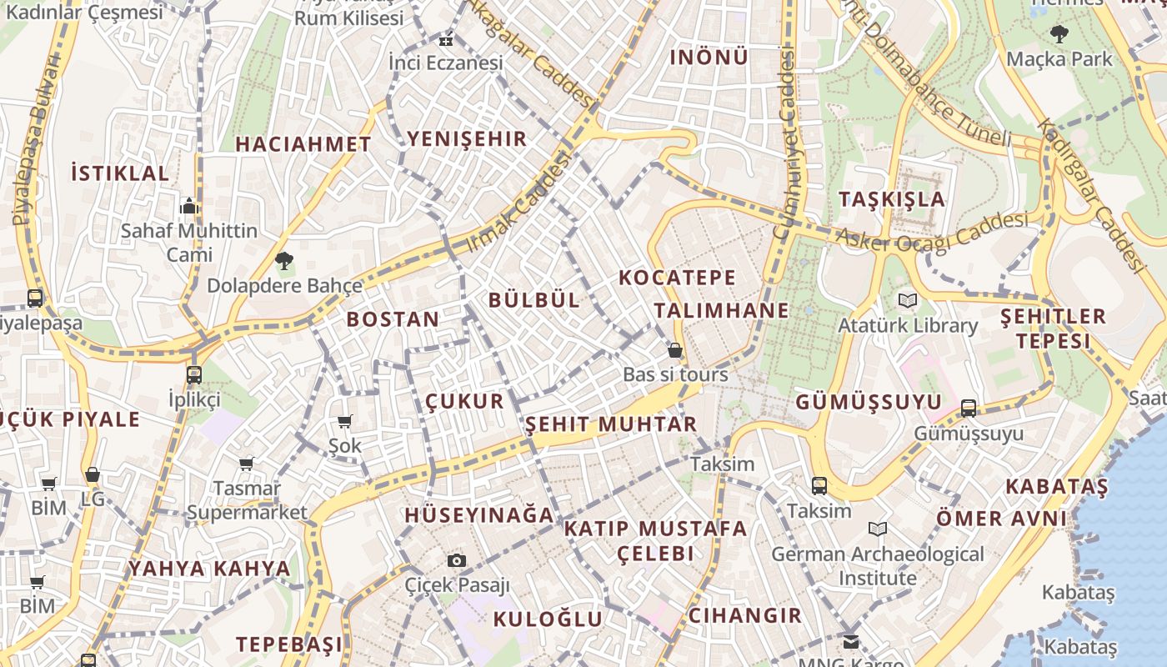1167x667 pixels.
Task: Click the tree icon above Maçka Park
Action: click(1059, 34)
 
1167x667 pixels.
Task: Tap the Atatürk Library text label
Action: click(908, 325)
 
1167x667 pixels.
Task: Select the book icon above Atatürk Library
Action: click(907, 300)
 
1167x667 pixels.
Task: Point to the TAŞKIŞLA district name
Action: click(892, 199)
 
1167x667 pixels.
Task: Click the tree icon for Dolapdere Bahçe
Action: click(284, 261)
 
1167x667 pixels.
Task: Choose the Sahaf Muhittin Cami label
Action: click(189, 243)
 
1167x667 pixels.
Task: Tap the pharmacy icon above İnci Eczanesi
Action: click(447, 39)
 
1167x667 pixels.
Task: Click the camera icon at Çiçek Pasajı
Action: click(456, 560)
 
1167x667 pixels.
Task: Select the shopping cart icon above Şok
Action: click(344, 422)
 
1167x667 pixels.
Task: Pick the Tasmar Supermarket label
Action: click(247, 500)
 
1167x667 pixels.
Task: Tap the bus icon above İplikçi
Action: click(194, 374)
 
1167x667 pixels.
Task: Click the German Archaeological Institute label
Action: click(878, 566)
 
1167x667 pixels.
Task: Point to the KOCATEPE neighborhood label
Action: click(677, 278)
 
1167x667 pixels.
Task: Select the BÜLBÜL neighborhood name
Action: click(534, 300)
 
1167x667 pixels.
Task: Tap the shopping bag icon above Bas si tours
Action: click(675, 350)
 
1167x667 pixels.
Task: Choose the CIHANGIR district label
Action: click(744, 615)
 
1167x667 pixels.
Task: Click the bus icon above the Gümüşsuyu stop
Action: click(968, 409)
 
